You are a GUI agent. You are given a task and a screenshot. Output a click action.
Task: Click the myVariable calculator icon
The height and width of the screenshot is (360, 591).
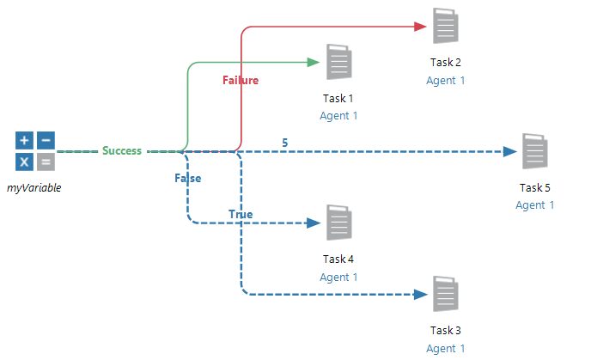(34, 151)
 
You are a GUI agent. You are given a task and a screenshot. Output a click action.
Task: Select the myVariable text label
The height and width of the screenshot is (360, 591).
(34, 187)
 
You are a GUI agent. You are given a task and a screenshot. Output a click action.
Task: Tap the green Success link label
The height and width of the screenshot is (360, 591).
(122, 151)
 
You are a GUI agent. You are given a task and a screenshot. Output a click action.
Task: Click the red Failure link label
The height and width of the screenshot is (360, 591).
(241, 80)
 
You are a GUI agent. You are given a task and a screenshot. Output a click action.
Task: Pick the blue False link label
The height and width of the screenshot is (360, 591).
(188, 179)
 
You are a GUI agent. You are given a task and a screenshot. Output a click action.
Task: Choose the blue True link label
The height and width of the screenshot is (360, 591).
(241, 213)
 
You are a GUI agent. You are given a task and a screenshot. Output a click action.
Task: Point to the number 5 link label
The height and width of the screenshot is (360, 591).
(285, 142)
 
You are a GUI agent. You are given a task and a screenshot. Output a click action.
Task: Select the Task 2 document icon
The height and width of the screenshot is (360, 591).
(445, 26)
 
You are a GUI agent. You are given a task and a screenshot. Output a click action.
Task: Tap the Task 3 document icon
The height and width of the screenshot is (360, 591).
(445, 295)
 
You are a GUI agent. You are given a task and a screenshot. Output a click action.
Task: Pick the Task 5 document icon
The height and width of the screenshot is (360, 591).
(535, 151)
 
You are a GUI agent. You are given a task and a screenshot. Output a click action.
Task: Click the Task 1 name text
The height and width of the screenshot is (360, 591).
(338, 99)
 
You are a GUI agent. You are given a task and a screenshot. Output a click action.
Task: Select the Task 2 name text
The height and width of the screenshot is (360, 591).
(445, 63)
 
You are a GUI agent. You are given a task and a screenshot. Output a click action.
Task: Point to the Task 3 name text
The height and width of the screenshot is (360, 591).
(445, 331)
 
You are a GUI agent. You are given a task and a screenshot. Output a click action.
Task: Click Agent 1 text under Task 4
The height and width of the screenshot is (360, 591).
(338, 278)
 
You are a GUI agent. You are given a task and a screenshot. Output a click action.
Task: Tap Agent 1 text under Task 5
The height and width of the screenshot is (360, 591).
(535, 205)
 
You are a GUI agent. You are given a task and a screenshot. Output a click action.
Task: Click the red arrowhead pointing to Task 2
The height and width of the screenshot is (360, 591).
(421, 27)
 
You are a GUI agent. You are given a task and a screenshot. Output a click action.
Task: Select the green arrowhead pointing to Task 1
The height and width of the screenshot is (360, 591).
(314, 62)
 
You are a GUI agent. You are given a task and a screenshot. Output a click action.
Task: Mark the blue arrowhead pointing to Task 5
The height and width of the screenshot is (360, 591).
(509, 151)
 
